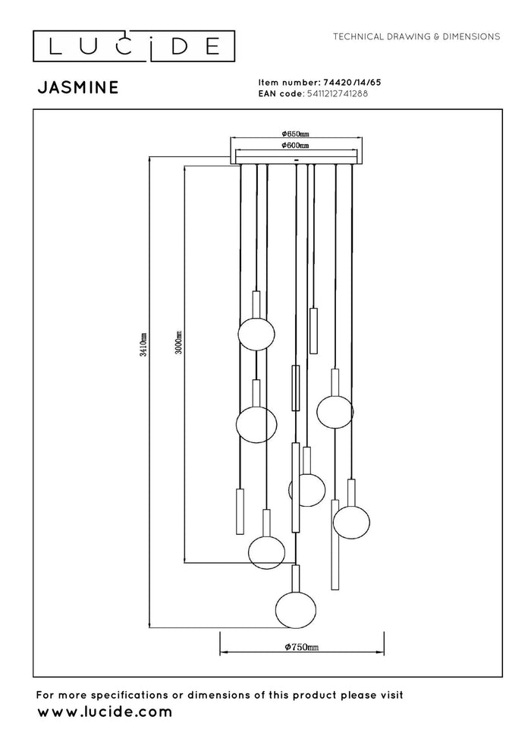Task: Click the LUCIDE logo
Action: click(134, 46)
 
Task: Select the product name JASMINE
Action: click(78, 87)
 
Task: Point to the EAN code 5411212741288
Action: click(335, 93)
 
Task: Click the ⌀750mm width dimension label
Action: click(302, 647)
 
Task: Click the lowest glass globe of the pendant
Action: click(296, 610)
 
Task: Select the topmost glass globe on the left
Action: click(256, 333)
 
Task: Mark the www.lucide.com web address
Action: click(105, 712)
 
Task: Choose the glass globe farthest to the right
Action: click(351, 522)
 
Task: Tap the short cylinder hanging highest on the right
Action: click(313, 331)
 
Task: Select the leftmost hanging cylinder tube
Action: click(240, 511)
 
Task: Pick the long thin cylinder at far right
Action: click(335, 545)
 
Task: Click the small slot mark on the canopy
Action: click(296, 159)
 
